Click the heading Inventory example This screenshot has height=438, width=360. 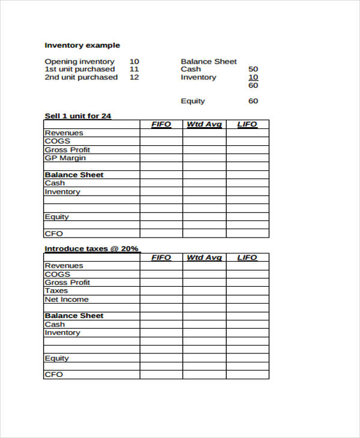(x=82, y=45)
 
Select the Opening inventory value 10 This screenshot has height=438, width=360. (x=134, y=61)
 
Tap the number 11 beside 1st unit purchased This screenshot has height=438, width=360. (x=134, y=69)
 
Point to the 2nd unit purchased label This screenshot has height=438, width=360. (x=81, y=77)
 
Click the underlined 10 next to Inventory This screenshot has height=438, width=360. (x=253, y=77)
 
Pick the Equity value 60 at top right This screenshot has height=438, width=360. (x=253, y=101)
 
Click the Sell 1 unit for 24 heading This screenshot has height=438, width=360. (x=78, y=116)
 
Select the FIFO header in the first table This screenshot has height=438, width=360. (x=161, y=124)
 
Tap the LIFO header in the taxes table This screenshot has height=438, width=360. (x=247, y=257)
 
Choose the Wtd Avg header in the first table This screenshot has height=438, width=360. (x=204, y=124)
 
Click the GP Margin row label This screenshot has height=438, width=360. (x=65, y=158)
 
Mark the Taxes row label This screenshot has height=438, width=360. (x=56, y=290)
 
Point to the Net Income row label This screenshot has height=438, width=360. (x=67, y=299)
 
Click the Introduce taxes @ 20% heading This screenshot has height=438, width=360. (x=92, y=248)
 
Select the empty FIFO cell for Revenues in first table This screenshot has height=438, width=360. (x=161, y=133)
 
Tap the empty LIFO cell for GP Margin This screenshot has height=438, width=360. (x=247, y=158)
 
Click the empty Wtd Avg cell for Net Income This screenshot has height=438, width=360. (x=204, y=299)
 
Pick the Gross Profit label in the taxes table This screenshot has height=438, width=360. (x=67, y=282)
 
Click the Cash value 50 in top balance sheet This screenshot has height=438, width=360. (x=253, y=69)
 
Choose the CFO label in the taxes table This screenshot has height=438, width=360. (x=53, y=374)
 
